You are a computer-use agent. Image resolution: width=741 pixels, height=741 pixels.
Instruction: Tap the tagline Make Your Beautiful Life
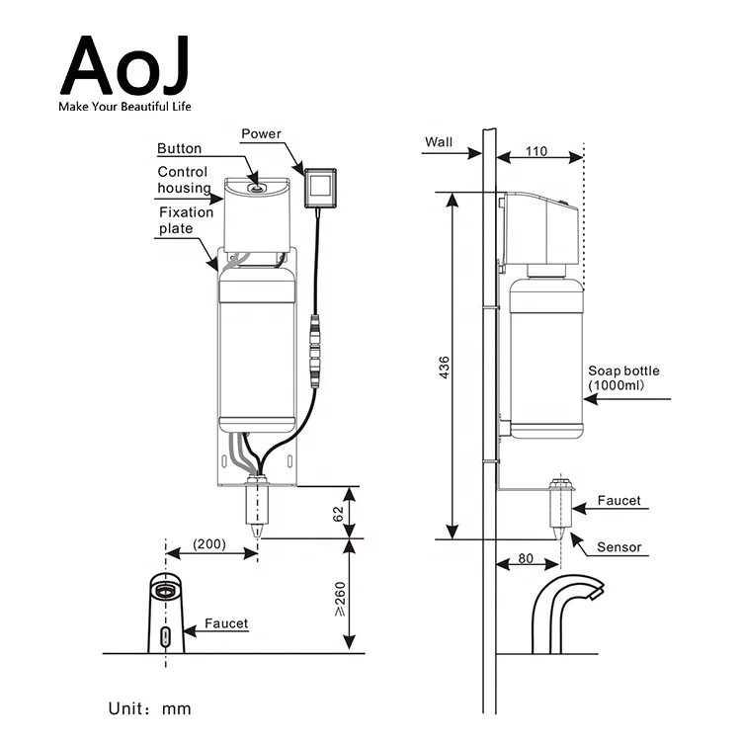[124, 106]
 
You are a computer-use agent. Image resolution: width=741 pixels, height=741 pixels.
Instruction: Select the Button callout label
[179, 148]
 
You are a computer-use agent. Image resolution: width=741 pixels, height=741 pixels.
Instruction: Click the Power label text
[261, 133]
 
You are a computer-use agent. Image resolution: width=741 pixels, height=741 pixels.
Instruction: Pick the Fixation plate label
[186, 219]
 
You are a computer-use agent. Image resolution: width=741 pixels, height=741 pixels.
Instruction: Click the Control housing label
[184, 180]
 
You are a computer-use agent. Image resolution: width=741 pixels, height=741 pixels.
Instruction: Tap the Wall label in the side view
[439, 141]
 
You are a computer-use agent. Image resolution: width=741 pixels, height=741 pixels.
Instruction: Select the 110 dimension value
[535, 153]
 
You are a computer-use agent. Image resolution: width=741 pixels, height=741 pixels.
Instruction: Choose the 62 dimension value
[337, 513]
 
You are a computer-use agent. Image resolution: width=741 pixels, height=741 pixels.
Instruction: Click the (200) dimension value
[208, 544]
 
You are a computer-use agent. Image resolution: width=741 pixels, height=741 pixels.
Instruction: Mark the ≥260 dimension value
[338, 597]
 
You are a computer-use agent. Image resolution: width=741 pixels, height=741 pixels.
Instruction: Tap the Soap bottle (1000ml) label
[623, 377]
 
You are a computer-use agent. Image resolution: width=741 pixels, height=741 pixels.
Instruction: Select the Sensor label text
[618, 546]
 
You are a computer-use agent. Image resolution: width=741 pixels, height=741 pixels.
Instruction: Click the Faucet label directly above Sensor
[618, 501]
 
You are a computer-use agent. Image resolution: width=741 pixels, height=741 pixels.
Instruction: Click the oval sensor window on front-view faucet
[165, 633]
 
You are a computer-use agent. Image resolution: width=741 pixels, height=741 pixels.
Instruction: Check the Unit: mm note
[149, 708]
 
